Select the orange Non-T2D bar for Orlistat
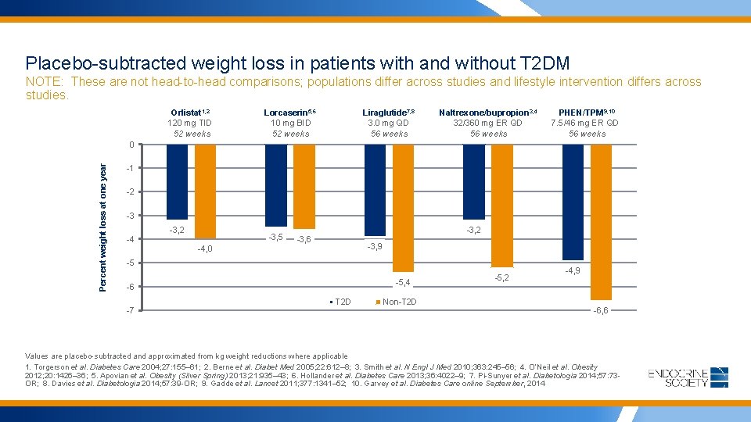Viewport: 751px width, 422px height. [204, 191]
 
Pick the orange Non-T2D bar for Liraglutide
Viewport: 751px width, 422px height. [403, 208]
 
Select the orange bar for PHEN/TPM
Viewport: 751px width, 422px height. [601, 222]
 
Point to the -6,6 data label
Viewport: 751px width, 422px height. [601, 311]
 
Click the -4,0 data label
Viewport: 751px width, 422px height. [204, 249]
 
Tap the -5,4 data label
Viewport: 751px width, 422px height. [403, 282]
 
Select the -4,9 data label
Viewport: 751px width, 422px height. [573, 270]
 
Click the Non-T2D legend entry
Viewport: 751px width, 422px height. [399, 302]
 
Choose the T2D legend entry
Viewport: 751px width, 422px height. [342, 302]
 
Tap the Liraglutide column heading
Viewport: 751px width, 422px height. [389, 113]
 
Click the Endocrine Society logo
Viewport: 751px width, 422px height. [688, 377]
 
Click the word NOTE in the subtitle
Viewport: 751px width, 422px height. [45, 82]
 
